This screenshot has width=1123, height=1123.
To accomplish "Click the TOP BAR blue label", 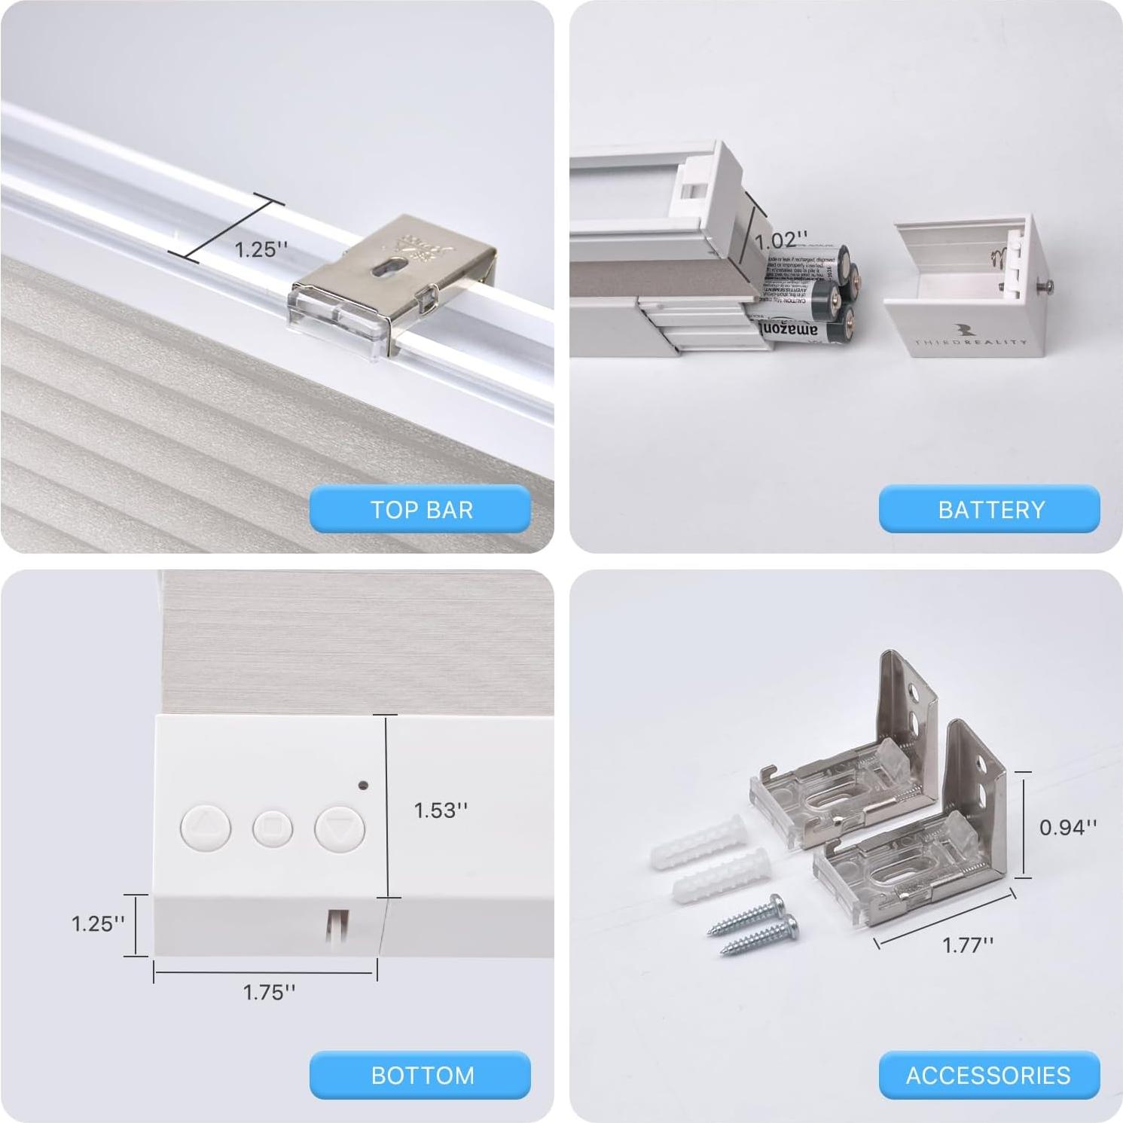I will pyautogui.click(x=420, y=509).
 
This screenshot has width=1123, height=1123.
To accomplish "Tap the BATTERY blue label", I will pyautogui.click(x=990, y=509).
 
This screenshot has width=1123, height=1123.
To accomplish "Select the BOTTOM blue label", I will pyautogui.click(x=420, y=1075).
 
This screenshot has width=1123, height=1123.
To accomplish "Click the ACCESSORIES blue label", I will pyautogui.click(x=988, y=1075).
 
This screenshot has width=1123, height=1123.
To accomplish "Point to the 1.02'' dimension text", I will pyautogui.click(x=781, y=240).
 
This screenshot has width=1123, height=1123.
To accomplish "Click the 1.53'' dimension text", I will pyautogui.click(x=441, y=810).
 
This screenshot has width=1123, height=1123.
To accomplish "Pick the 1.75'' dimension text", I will pyautogui.click(x=269, y=992).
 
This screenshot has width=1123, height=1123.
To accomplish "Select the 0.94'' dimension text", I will pyautogui.click(x=1068, y=827).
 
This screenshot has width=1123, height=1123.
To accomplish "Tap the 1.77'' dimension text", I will pyautogui.click(x=968, y=944).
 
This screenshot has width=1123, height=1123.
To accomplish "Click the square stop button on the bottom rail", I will pyautogui.click(x=272, y=828).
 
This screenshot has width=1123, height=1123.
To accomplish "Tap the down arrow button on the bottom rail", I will pyautogui.click(x=340, y=829).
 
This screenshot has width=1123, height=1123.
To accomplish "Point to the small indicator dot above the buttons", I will pyautogui.click(x=363, y=786).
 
